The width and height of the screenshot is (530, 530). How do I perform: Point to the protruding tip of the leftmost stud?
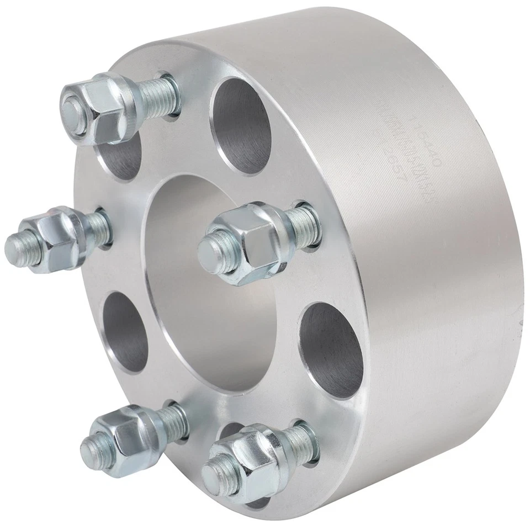[x=19, y=243]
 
